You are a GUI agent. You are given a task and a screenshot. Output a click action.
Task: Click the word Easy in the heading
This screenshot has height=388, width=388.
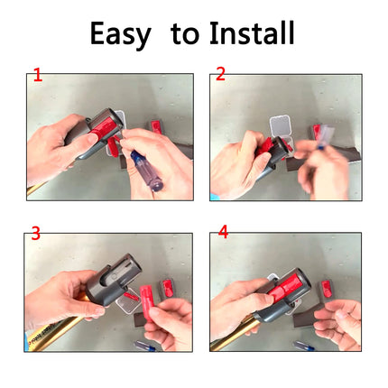coord(120,33)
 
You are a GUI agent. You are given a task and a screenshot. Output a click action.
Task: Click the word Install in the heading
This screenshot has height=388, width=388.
coord(252,32)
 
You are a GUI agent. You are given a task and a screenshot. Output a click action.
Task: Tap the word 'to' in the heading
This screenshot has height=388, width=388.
coord(185,34)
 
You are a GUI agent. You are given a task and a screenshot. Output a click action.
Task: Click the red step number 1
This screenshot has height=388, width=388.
coord(38,75)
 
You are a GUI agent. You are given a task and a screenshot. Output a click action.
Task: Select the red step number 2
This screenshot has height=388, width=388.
coord(220,74)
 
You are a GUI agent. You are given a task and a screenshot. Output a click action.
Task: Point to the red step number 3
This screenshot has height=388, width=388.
coord(36,234)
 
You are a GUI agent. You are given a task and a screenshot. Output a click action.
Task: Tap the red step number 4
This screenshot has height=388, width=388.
coord(224,232)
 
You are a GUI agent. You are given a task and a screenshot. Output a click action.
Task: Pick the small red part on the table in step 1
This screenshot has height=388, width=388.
coord(156,126)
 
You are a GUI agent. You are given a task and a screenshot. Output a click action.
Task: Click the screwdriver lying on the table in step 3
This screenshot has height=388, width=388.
coord(145,346)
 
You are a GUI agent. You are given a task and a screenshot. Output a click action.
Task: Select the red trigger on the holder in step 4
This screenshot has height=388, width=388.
coord(283,290)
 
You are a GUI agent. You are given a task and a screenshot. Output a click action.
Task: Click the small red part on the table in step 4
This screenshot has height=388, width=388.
coord(326,288)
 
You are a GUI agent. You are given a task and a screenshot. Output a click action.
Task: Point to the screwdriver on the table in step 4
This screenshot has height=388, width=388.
coord(304,346)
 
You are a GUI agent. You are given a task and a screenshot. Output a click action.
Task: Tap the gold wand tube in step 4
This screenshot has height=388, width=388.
coord(236,334)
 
